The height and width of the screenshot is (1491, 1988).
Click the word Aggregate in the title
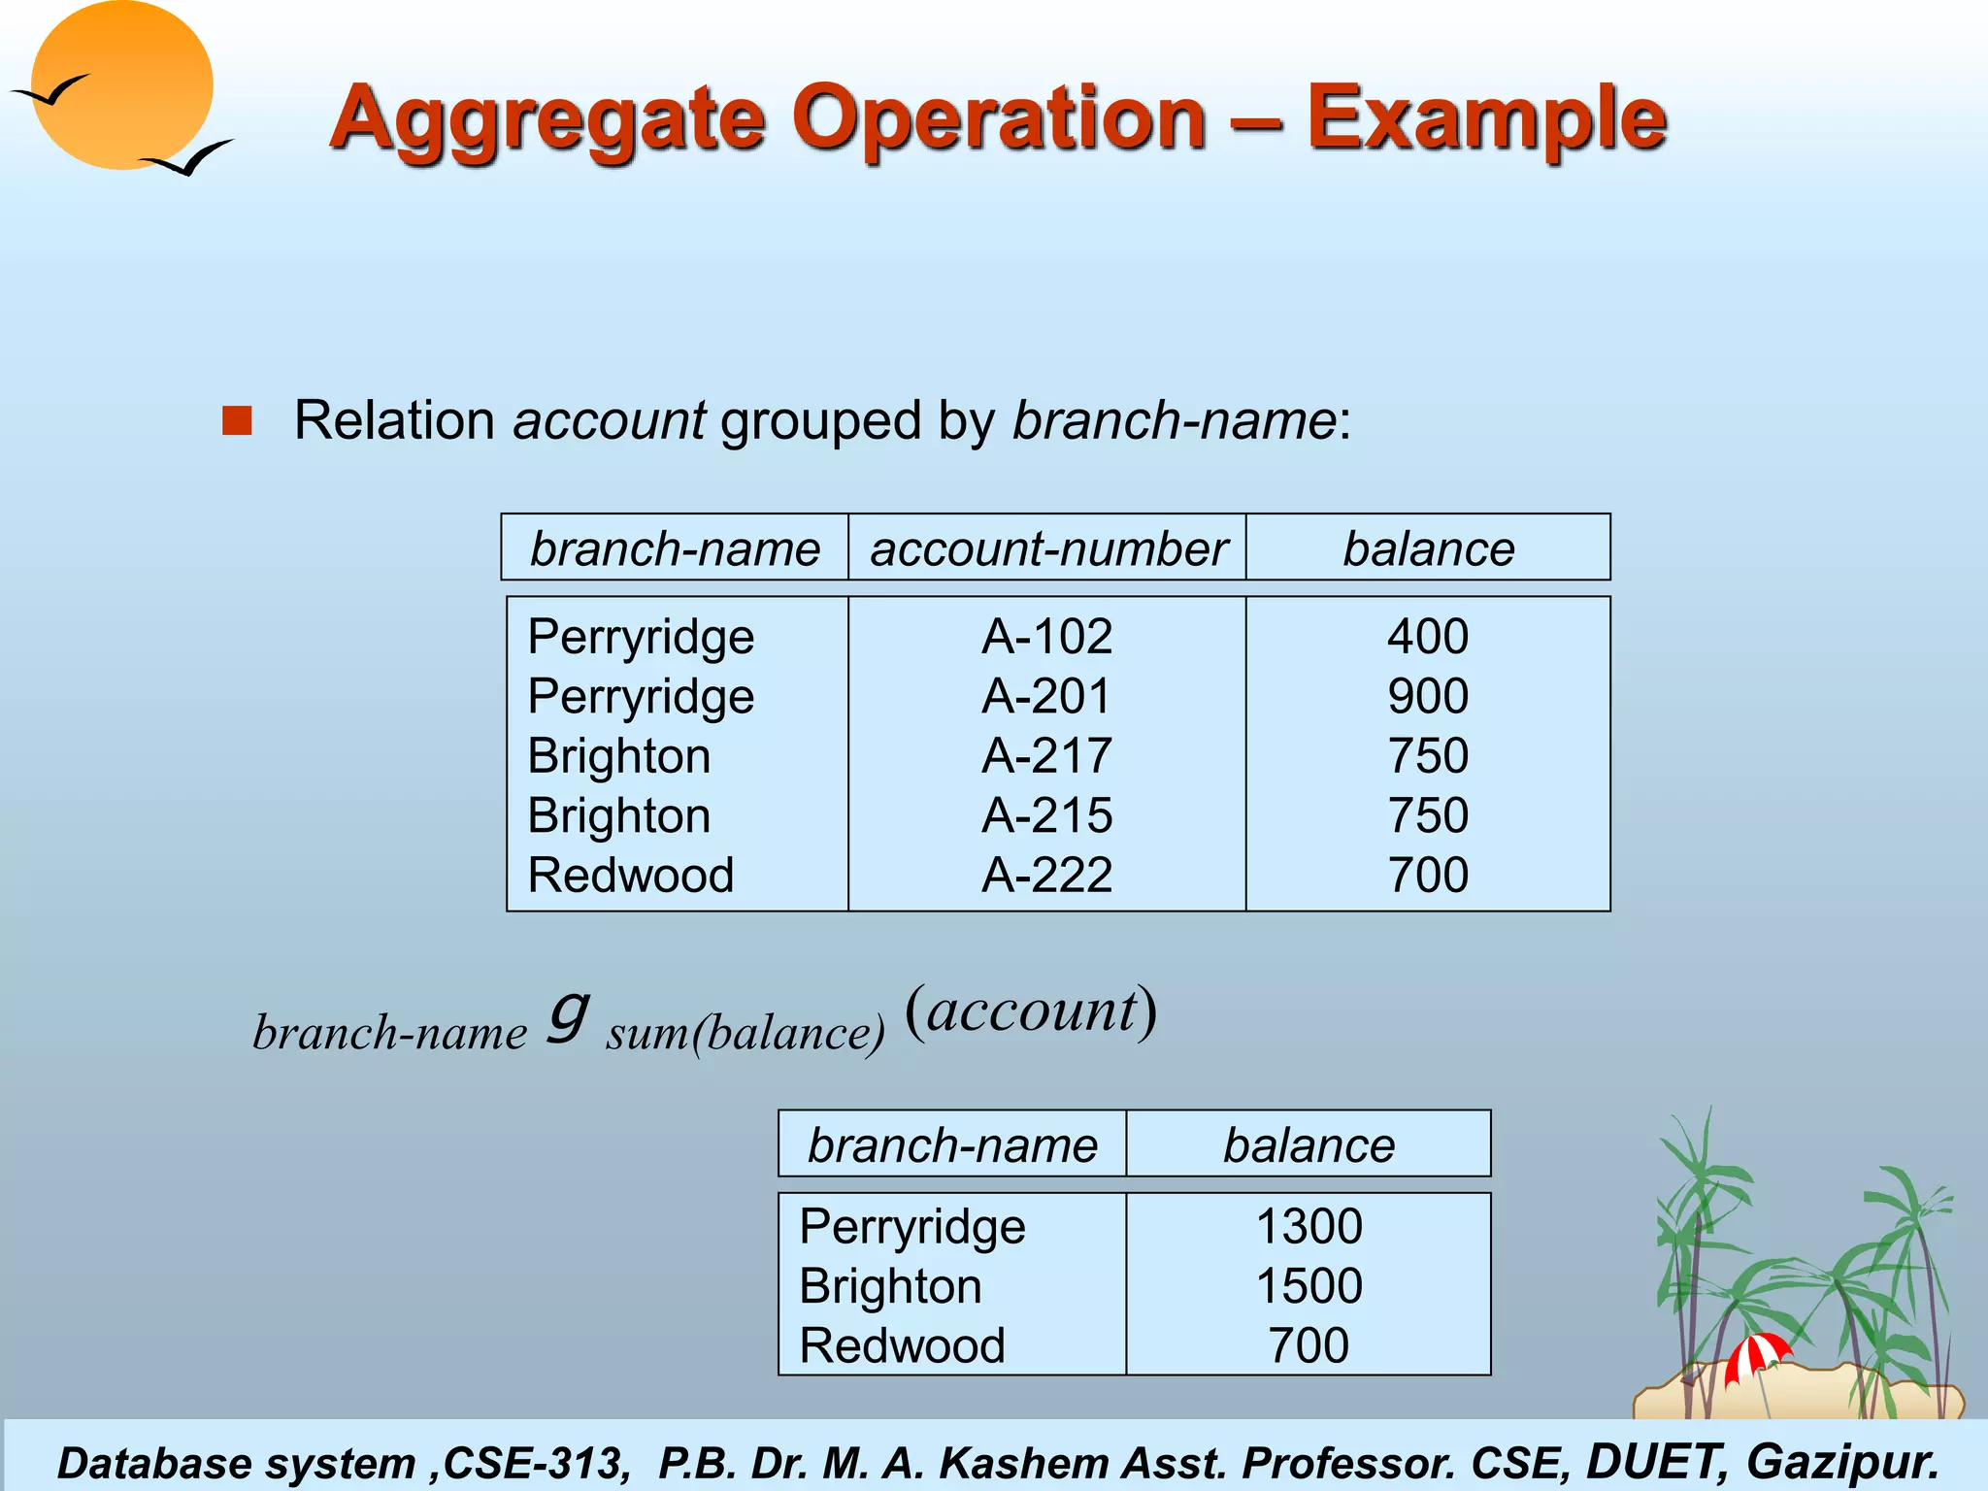click(547, 118)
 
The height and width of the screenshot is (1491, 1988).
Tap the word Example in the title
click(1486, 118)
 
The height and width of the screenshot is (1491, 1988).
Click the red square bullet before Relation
click(237, 421)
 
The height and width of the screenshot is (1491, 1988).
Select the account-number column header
click(1048, 548)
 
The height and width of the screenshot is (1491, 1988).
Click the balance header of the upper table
click(1428, 548)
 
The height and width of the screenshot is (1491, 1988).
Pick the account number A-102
click(1046, 637)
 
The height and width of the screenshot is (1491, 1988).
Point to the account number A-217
click(1046, 756)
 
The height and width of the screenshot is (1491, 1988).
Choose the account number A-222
click(1046, 876)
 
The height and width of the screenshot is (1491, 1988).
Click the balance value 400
click(1427, 637)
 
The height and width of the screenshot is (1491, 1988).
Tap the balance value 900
click(1427, 696)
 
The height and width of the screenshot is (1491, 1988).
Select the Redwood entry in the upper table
click(631, 876)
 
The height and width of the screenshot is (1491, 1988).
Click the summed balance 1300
click(1309, 1226)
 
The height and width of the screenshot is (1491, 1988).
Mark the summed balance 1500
click(1309, 1286)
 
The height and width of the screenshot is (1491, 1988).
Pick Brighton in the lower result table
click(890, 1286)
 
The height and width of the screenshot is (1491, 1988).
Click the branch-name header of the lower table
click(952, 1145)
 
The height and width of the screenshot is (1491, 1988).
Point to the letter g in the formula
click(568, 1014)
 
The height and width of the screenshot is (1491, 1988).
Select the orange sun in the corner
click(122, 85)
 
